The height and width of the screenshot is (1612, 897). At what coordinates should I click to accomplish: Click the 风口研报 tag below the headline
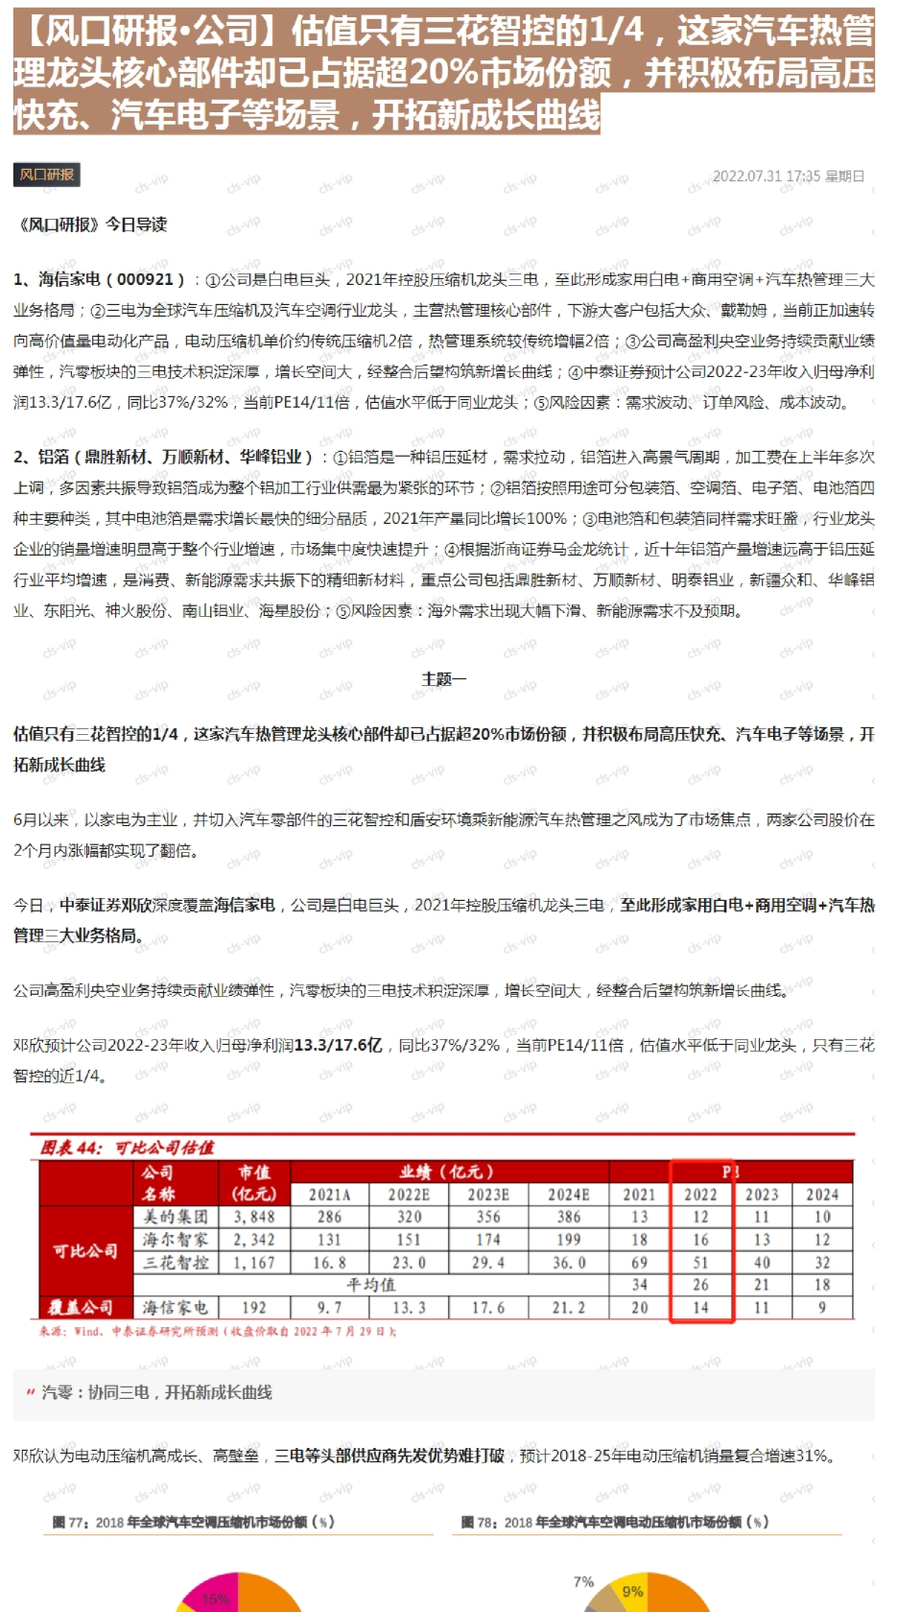coord(46,175)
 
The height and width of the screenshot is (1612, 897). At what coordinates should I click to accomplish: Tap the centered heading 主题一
coord(444,679)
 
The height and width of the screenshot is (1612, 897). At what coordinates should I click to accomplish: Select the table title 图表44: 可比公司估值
coord(128,1148)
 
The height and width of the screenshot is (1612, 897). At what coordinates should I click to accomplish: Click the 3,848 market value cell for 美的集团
coord(254,1217)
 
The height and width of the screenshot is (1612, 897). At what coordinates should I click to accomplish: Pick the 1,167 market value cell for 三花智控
coord(254,1263)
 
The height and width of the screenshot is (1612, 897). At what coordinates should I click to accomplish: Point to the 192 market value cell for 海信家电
coord(254,1308)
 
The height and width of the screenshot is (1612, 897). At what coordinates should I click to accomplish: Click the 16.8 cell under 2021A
coord(329,1263)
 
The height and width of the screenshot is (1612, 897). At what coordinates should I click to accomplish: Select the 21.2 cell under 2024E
coord(569,1308)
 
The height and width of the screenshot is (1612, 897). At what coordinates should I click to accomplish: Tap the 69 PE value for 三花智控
coord(639,1263)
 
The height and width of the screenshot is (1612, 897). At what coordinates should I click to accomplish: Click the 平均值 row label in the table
coord(370,1285)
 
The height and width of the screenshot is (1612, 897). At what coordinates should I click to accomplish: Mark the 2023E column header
coord(488,1195)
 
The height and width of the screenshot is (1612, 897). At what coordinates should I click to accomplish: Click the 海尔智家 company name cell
coord(176,1240)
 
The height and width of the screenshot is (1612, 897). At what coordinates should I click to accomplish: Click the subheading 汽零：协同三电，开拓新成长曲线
coord(156,1392)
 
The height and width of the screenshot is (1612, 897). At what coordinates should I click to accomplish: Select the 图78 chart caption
coord(614,1523)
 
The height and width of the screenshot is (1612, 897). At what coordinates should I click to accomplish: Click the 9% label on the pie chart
coord(632,1591)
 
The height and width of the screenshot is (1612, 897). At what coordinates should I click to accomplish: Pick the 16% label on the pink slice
coord(215,1599)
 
